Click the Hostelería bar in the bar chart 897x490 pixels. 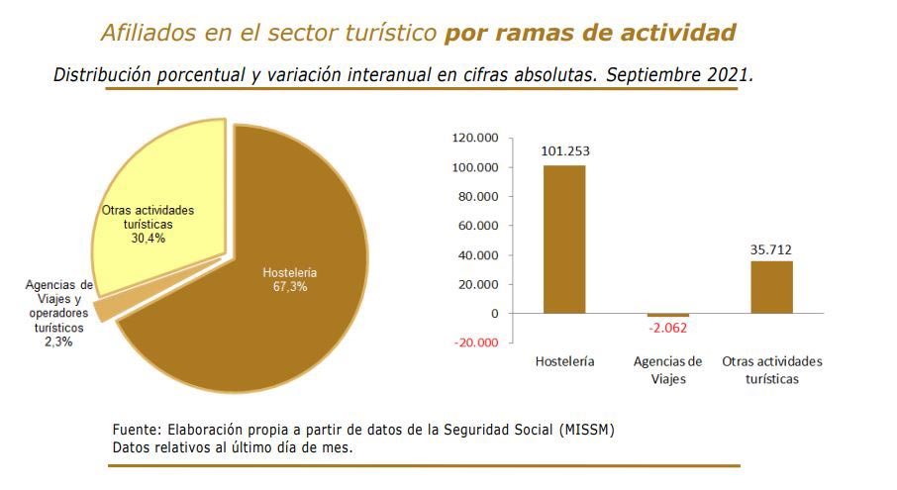[563, 239]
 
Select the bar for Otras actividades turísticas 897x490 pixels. [771, 287]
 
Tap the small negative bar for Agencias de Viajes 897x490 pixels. [667, 315]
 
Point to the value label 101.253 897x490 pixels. [564, 151]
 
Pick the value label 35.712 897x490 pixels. [771, 249]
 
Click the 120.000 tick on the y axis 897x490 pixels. [475, 139]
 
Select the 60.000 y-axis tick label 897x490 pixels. [478, 226]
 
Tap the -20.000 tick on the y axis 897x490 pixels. [476, 343]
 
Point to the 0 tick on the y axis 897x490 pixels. [495, 314]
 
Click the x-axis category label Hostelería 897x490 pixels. [564, 362]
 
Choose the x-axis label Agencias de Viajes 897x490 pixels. [667, 369]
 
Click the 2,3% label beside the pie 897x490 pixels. [57, 342]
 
